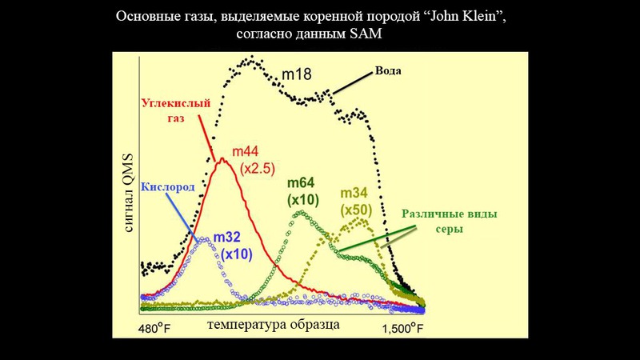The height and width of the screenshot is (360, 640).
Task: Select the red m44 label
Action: point(246,151)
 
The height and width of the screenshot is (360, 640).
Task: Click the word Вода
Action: point(388,70)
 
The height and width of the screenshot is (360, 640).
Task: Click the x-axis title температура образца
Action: point(273,326)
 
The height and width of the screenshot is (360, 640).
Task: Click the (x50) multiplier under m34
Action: point(357,210)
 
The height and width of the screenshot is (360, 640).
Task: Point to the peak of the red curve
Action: point(223,158)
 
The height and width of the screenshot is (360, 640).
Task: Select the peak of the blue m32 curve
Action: point(206,238)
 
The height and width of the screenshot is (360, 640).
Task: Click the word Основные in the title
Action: point(146,16)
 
